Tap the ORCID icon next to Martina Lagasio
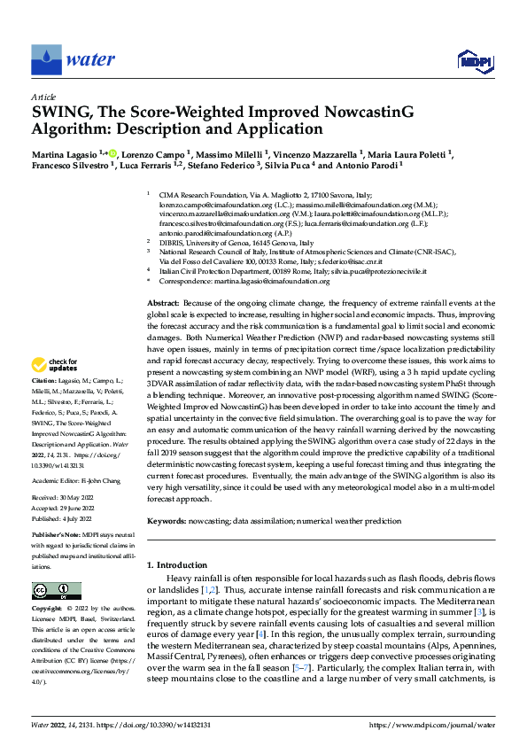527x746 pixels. tap(111, 152)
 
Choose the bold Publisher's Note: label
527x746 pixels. tap(58, 537)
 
